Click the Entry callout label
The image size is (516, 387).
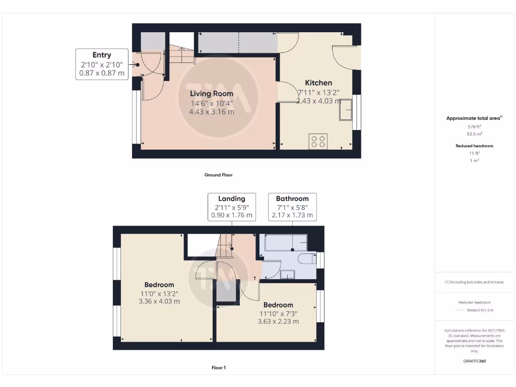102,63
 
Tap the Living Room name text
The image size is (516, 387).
212,93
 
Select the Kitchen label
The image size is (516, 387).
318,83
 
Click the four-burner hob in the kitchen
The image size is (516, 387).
318,141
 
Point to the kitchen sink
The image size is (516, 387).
346,110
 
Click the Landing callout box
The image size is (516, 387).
232,207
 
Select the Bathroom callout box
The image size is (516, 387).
292,207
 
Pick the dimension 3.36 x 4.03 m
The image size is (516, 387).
159,301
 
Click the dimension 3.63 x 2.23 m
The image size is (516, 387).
278,321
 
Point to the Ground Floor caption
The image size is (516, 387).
218,175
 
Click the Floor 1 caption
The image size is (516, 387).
218,368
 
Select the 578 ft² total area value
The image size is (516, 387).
474,127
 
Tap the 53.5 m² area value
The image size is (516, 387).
474,135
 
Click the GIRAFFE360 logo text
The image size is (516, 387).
474,361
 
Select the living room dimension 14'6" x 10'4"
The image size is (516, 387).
212,103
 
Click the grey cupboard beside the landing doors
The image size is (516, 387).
227,294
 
